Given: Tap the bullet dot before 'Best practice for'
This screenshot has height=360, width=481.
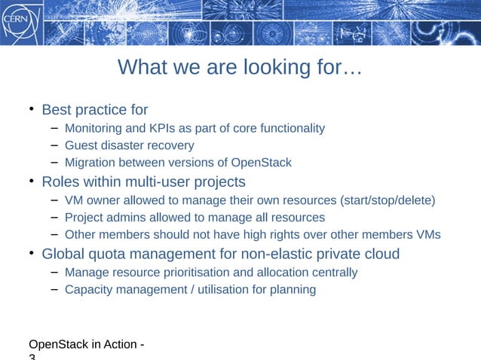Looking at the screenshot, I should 32,111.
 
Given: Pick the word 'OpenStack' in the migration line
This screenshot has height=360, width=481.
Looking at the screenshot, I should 261,163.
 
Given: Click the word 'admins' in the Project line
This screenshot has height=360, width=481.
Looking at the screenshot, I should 126,218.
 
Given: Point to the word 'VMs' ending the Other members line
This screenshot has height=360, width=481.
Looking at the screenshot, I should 427,235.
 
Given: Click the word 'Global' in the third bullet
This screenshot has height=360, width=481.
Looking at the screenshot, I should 63,254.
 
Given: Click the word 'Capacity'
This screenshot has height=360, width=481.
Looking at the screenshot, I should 88,289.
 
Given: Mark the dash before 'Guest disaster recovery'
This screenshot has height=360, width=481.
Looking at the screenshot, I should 54,145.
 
